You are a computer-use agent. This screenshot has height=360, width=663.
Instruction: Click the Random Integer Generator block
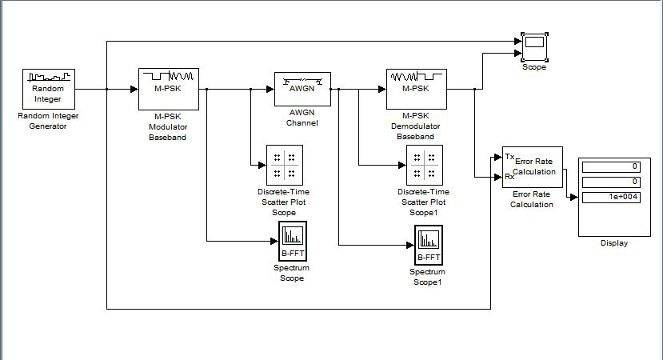(49, 90)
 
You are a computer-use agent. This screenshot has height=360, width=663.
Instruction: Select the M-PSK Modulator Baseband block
(169, 90)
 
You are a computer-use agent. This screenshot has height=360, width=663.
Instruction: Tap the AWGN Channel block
(302, 90)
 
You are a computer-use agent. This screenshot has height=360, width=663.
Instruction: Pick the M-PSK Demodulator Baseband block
(417, 90)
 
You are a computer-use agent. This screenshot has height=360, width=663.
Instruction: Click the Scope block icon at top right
(534, 47)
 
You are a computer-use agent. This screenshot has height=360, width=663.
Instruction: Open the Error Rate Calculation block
(533, 167)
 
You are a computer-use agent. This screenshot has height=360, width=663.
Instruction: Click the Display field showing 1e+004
(611, 197)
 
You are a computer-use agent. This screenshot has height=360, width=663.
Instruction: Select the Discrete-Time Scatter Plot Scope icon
(285, 165)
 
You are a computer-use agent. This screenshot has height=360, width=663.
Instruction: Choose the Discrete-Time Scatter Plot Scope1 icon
(425, 165)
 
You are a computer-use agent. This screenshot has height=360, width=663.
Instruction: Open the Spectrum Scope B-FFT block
(293, 241)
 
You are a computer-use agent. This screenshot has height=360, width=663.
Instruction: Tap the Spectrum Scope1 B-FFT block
(429, 245)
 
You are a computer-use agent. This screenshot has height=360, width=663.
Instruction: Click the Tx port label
(509, 157)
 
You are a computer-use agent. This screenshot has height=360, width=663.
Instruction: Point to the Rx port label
(509, 177)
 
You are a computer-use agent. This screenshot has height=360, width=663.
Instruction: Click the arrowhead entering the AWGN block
(270, 90)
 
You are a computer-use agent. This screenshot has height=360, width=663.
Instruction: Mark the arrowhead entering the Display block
(574, 197)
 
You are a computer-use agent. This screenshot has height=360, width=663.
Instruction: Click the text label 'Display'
(614, 243)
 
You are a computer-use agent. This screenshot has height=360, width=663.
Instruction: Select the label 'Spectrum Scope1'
(428, 277)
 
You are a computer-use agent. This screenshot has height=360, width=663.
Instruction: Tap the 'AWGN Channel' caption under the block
(302, 118)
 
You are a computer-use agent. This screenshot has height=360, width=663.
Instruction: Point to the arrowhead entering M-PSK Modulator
(134, 90)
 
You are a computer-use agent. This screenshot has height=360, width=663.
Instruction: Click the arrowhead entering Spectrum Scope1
(410, 245)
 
